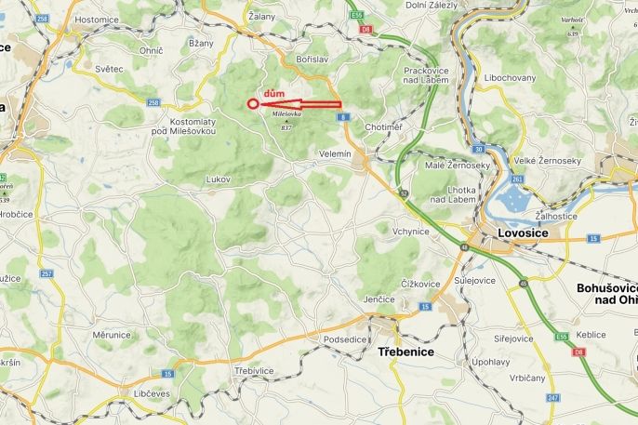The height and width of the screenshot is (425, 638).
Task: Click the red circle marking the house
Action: point(253,104)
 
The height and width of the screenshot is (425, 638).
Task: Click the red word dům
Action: point(274,94)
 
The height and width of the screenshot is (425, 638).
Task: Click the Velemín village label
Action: point(335,153)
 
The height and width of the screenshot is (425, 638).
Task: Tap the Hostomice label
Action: point(96,19)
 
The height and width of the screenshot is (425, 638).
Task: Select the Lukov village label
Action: point(218,179)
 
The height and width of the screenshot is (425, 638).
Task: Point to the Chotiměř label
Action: point(383,126)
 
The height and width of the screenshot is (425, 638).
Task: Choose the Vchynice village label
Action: point(410,231)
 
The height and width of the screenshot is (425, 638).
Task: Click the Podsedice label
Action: point(345,339)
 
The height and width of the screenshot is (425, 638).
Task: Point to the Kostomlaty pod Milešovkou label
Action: point(193,126)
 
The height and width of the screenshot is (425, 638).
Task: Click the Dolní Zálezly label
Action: point(430,6)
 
